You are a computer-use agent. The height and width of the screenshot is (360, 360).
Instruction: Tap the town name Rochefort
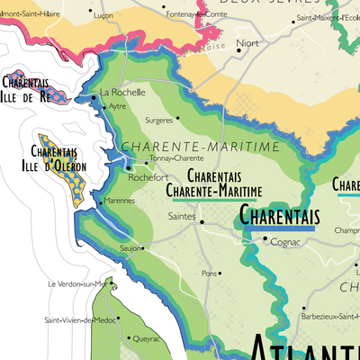pyautogui.click(x=148, y=177)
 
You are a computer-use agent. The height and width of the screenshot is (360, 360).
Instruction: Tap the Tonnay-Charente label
pyautogui.click(x=173, y=157)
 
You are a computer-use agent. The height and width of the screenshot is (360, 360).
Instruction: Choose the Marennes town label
pyautogui.click(x=120, y=201)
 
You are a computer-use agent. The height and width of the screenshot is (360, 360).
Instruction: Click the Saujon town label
pyautogui.click(x=130, y=247)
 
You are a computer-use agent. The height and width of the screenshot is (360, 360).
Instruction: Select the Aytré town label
pyautogui.click(x=117, y=106)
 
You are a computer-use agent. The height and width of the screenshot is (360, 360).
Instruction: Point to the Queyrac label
pyautogui.click(x=146, y=339)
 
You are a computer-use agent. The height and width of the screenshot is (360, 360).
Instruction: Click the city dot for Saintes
pyautogui.click(x=202, y=221)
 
